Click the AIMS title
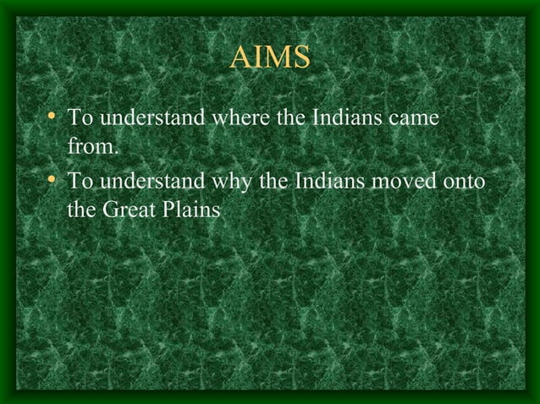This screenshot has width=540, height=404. (x=270, y=59)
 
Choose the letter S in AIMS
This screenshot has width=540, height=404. (x=300, y=59)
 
